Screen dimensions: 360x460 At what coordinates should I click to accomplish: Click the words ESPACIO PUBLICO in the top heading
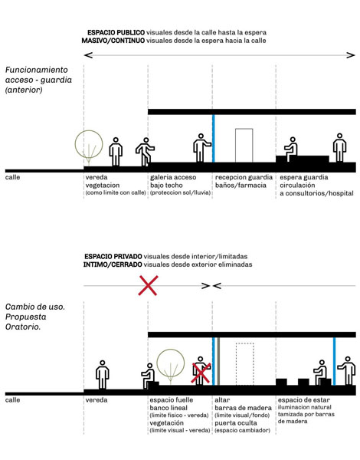(x=116, y=32)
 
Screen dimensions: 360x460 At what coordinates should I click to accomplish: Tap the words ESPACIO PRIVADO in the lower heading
(x=113, y=257)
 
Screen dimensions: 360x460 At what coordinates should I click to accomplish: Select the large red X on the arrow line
(x=149, y=285)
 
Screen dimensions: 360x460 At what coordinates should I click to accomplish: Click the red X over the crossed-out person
(x=201, y=373)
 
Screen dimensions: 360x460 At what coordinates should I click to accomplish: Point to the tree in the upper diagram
(x=89, y=144)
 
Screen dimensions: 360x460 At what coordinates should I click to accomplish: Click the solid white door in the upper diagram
(x=244, y=145)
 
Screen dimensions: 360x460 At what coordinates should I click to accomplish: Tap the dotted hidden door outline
(x=245, y=364)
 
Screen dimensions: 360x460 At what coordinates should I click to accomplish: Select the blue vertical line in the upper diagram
(x=214, y=138)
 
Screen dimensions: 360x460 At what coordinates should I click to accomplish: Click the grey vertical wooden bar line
(x=218, y=361)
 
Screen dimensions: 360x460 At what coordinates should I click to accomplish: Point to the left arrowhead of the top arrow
(x=88, y=55)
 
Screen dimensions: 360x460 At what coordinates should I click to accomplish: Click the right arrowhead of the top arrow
(x=351, y=55)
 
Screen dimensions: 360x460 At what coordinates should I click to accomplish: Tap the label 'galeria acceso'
(x=173, y=177)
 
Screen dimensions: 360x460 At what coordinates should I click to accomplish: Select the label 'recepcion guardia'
(x=244, y=177)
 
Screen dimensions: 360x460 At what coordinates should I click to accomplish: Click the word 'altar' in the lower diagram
(x=222, y=400)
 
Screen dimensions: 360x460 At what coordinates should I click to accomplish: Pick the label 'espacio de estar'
(x=304, y=400)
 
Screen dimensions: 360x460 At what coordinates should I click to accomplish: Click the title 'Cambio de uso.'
(x=35, y=307)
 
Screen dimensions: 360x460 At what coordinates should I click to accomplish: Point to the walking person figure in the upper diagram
(x=145, y=152)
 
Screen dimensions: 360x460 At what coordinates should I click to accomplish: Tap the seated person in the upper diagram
(x=291, y=149)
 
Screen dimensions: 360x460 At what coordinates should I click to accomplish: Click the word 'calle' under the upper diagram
(x=12, y=177)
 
